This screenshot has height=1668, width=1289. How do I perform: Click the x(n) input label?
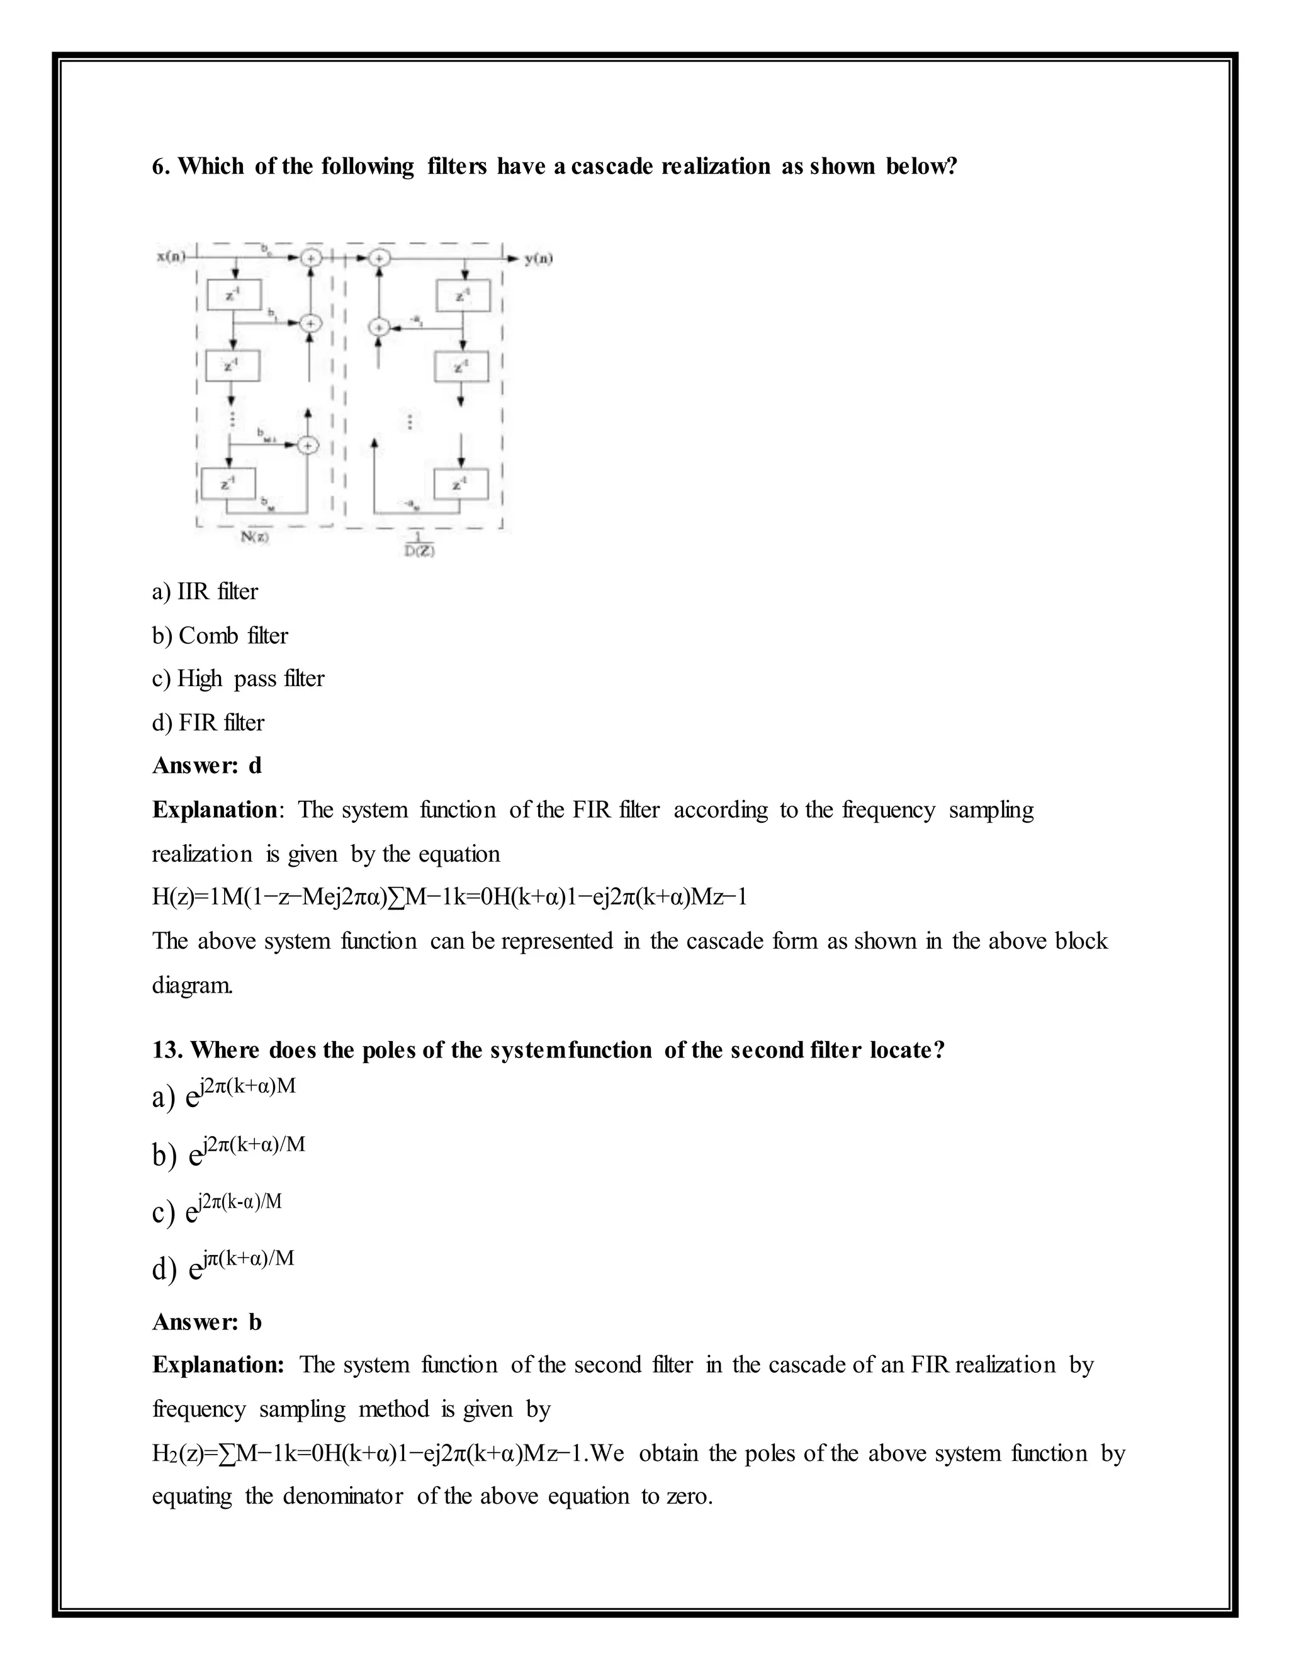[171, 257]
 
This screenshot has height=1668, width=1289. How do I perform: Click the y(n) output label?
[538, 259]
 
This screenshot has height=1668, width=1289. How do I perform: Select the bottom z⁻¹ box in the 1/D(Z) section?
[461, 484]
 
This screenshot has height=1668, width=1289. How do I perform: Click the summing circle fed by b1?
[309, 324]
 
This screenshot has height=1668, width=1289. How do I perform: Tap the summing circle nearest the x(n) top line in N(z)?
[310, 258]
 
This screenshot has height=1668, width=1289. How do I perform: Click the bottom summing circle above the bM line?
[307, 445]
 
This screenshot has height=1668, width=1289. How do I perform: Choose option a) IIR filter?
[205, 591]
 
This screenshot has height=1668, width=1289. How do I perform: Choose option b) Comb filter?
[220, 636]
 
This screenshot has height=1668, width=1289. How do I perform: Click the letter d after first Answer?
[255, 765]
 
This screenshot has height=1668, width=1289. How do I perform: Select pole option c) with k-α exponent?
[217, 1210]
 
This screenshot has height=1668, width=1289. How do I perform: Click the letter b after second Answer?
[255, 1322]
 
